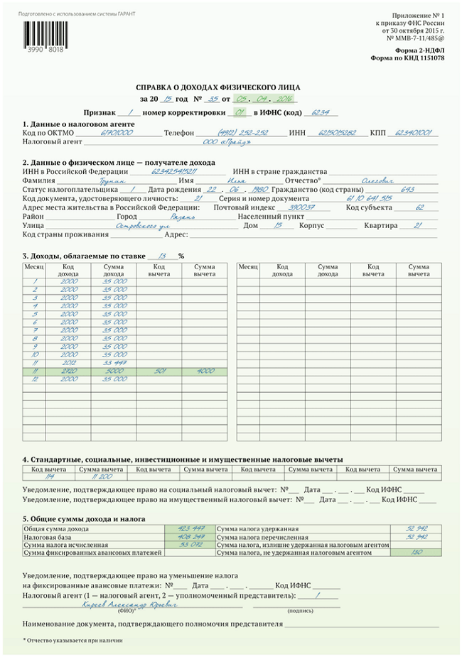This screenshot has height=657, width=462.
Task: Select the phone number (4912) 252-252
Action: point(242,133)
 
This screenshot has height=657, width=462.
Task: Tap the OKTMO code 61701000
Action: point(117,133)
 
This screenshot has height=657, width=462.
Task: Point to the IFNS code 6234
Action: point(322,113)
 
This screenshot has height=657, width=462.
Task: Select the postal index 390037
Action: point(296,207)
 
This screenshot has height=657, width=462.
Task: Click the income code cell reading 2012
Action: point(69,362)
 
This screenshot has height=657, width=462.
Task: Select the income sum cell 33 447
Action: point(114,362)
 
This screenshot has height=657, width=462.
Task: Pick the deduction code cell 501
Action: point(159,371)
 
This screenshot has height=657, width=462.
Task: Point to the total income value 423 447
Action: point(192,528)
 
